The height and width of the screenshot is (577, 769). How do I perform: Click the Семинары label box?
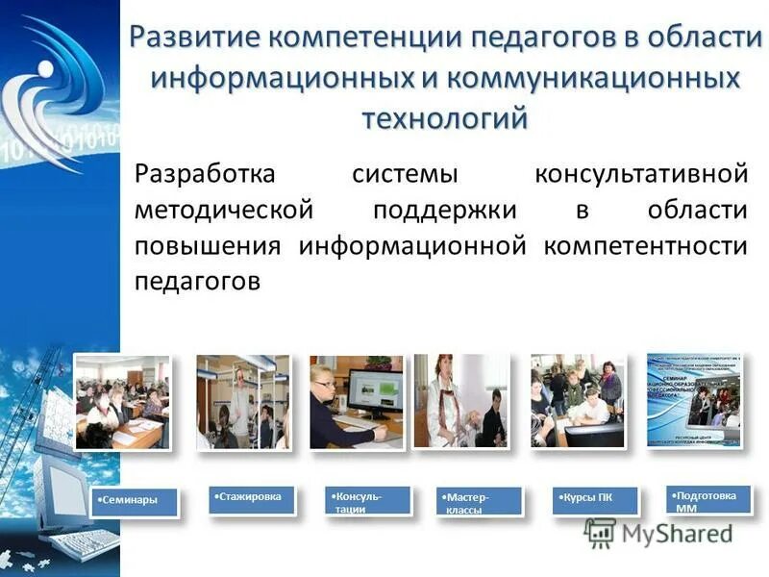(x=136, y=502)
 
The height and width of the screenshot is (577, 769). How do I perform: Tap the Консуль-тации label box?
(x=368, y=501)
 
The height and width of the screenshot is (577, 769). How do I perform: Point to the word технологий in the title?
(x=444, y=117)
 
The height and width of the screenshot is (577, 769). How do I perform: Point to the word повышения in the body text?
(x=207, y=245)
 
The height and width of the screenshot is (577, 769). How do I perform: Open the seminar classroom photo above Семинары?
(x=123, y=401)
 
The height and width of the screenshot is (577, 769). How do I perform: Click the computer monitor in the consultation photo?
(x=374, y=392)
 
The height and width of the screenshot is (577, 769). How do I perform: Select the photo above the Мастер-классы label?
(x=460, y=400)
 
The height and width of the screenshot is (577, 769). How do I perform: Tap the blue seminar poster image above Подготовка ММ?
(x=694, y=398)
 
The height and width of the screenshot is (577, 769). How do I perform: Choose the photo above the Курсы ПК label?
(x=577, y=400)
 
